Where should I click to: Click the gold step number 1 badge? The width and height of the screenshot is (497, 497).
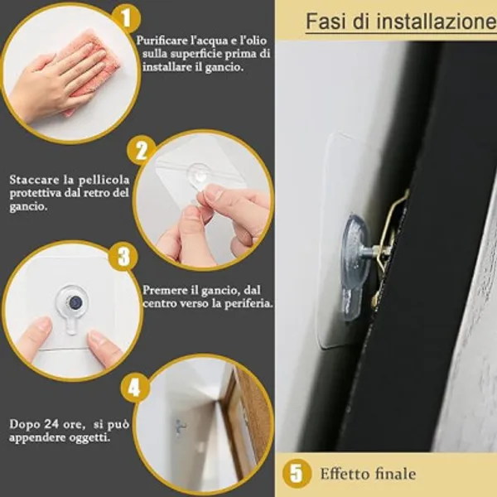click(x=127, y=18)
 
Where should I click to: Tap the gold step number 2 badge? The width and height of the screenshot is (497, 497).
click(x=142, y=151)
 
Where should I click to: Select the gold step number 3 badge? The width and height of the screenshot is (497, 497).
click(x=123, y=256)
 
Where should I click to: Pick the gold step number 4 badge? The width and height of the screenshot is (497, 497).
click(x=134, y=388)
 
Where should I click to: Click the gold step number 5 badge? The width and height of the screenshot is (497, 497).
click(x=297, y=474)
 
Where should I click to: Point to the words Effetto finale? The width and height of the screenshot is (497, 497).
click(x=368, y=474)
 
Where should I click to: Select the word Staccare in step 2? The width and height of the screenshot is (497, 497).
click(x=34, y=180)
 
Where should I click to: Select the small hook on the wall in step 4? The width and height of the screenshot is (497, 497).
click(x=181, y=427)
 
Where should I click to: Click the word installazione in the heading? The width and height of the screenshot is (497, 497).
click(x=437, y=22)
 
